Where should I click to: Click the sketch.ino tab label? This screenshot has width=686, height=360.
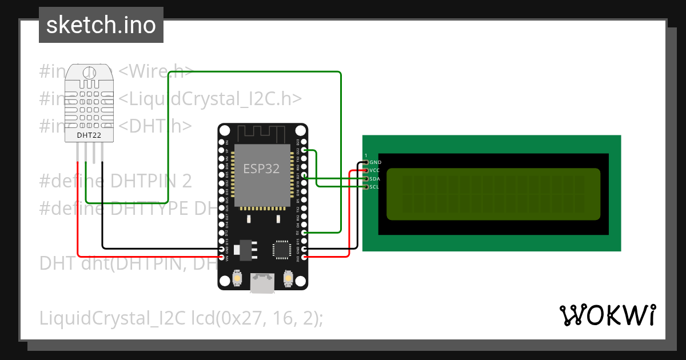point(101,25)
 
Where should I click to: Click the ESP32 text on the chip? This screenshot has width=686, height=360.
point(262,169)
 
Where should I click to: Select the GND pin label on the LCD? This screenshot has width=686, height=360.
point(376,162)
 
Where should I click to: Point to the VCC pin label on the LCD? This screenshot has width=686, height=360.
point(375,170)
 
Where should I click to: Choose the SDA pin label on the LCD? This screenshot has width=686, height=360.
point(375,179)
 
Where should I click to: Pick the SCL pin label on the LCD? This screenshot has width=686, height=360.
point(374,187)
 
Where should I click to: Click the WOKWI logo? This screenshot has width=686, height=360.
point(607,315)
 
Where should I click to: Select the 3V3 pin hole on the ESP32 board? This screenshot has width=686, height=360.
point(304,257)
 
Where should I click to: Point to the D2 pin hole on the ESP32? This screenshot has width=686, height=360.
point(304,233)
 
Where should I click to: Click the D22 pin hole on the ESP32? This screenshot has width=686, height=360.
point(304,150)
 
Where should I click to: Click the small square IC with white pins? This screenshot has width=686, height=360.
point(282,249)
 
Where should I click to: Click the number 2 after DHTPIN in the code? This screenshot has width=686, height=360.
point(186,182)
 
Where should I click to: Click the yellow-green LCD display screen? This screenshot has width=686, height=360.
point(493,194)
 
